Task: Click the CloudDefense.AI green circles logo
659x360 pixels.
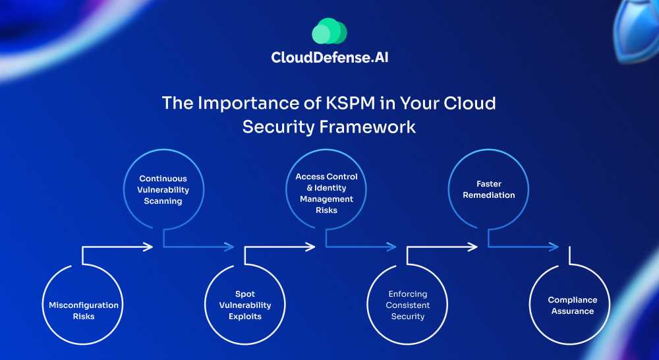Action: pyautogui.click(x=329, y=31)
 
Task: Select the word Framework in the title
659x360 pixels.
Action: pyautogui.click(x=373, y=127)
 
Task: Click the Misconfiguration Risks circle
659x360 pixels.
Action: pyautogui.click(x=84, y=305)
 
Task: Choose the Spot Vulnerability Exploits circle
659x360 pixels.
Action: pyautogui.click(x=245, y=305)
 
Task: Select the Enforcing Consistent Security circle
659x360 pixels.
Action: pyautogui.click(x=407, y=305)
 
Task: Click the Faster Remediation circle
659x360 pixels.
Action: pyautogui.click(x=488, y=189)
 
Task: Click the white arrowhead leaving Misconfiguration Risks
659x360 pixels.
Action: pyautogui.click(x=149, y=247)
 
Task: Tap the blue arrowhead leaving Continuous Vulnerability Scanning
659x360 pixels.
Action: pyautogui.click(x=230, y=247)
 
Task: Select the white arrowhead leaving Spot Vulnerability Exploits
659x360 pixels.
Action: pyautogui.click(x=311, y=247)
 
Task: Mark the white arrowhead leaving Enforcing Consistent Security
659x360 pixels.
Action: pyautogui.click(x=473, y=247)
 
